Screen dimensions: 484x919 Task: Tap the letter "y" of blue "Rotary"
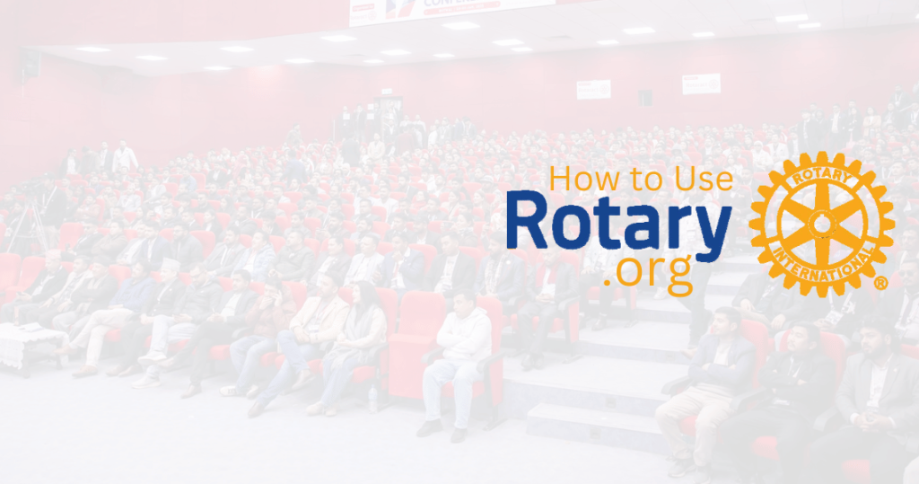(x=709, y=230)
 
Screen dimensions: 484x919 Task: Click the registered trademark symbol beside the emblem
(x=880, y=283)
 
